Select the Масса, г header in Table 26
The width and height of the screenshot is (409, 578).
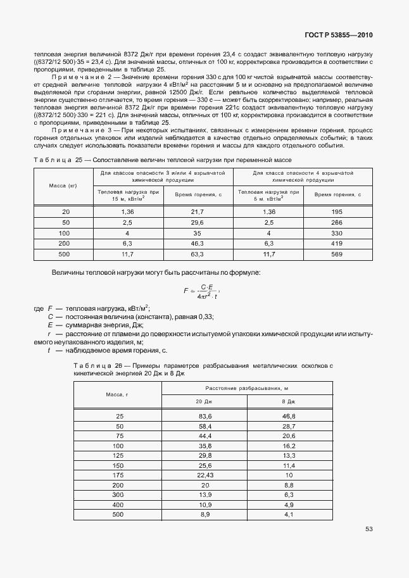[x=117, y=395]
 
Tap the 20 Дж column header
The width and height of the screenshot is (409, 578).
[x=204, y=402]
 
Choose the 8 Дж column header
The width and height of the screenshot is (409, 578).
[x=289, y=402]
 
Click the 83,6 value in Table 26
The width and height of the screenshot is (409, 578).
[x=204, y=416]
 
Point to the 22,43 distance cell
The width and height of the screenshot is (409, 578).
[x=204, y=474]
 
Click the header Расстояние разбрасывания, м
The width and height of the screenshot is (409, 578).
[x=246, y=387]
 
